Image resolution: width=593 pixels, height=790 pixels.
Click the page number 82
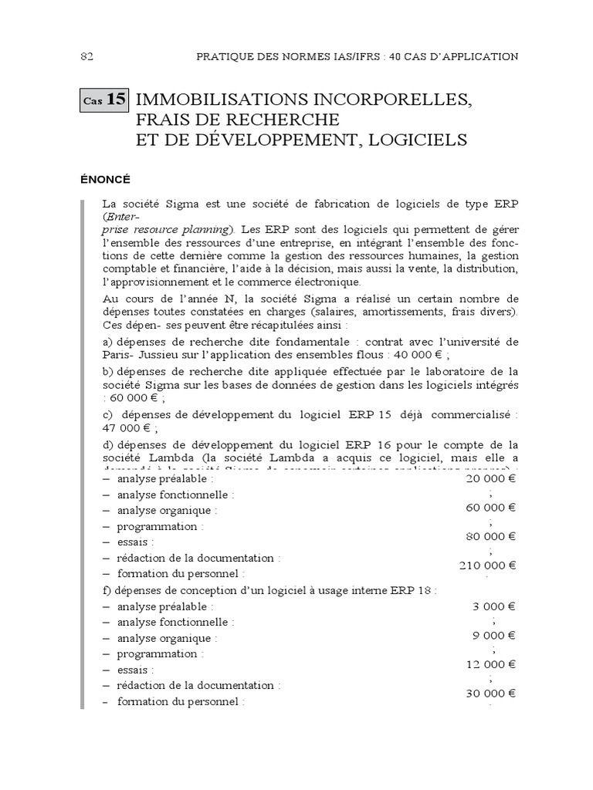(86, 56)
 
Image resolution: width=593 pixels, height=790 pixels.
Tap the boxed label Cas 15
(104, 100)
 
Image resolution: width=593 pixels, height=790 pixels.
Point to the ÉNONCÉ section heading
(105, 179)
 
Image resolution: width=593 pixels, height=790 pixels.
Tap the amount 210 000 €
(488, 565)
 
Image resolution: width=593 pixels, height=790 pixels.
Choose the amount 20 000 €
(491, 478)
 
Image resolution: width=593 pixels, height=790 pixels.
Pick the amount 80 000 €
(491, 536)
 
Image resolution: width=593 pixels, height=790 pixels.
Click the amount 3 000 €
(494, 606)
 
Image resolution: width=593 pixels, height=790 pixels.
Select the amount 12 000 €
(491, 663)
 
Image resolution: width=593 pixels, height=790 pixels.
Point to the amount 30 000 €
(491, 693)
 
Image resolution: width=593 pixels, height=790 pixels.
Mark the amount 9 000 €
(494, 635)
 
